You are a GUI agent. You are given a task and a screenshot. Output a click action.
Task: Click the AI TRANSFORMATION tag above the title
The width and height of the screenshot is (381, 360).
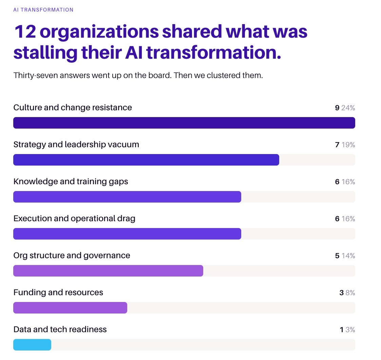(x=43, y=10)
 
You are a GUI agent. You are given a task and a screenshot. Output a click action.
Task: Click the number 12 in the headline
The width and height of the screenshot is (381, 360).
(x=25, y=32)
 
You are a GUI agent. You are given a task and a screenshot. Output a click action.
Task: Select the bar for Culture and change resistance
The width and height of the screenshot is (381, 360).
(x=184, y=123)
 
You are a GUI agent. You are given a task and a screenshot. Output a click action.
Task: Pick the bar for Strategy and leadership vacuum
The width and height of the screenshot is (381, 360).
(x=146, y=160)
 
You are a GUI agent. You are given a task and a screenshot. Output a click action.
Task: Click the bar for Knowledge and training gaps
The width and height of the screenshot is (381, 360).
(x=127, y=197)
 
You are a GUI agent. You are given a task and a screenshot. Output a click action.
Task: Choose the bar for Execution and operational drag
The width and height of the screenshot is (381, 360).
(x=127, y=233)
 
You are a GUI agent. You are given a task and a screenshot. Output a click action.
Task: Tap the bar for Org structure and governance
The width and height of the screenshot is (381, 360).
(x=108, y=270)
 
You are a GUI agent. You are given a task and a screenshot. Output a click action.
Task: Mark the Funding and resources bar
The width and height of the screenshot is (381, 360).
(x=70, y=307)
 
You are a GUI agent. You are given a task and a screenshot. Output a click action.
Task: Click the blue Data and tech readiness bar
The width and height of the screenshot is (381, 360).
(x=32, y=345)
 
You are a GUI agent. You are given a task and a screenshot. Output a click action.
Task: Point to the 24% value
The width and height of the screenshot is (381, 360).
(x=348, y=108)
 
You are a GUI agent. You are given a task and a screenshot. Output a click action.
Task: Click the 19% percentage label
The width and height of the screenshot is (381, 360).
(x=348, y=145)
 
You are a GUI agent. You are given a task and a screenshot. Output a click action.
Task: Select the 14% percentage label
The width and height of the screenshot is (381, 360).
(x=348, y=255)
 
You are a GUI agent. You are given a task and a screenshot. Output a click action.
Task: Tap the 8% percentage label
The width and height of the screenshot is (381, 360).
(x=350, y=292)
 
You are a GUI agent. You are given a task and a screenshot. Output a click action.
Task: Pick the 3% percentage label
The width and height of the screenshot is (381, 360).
(x=350, y=329)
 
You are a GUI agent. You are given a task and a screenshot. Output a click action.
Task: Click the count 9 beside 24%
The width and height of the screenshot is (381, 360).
(x=337, y=108)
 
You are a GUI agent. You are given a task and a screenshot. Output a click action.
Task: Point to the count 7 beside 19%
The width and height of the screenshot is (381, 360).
(x=337, y=145)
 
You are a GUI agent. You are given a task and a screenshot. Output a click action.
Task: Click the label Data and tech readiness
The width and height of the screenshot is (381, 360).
(x=60, y=329)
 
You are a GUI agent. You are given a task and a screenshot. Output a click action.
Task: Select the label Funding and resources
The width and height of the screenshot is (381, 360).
(x=58, y=292)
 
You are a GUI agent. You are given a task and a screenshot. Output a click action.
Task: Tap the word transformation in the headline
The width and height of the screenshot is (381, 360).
(x=214, y=53)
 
